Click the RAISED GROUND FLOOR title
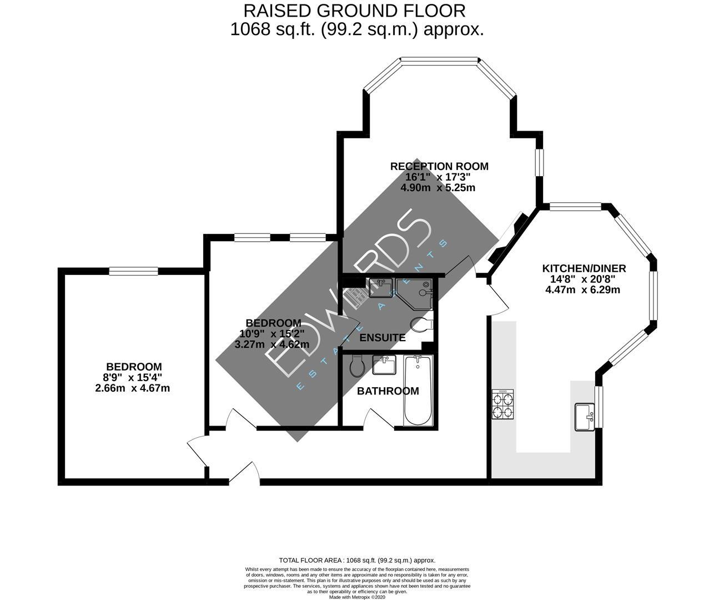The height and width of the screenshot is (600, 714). (x=356, y=10)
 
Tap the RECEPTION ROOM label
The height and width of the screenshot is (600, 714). (x=439, y=166)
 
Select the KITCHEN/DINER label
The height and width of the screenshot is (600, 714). (x=584, y=268)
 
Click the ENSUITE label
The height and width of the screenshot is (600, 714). (x=382, y=338)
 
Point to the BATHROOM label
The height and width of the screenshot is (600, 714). (x=388, y=391)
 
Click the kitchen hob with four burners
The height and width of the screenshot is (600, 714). (x=502, y=404)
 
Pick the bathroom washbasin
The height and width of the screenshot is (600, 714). (x=384, y=365)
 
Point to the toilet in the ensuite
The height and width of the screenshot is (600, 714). (x=420, y=324)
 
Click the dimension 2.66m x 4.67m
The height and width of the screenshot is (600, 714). (x=132, y=388)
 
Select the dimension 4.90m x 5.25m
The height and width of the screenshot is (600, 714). (x=438, y=188)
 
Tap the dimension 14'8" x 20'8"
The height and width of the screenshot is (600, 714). (x=584, y=279)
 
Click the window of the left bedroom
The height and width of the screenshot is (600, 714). (x=134, y=271)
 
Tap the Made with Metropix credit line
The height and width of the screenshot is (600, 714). (x=356, y=597)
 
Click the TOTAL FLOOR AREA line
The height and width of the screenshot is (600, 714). (x=356, y=561)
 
